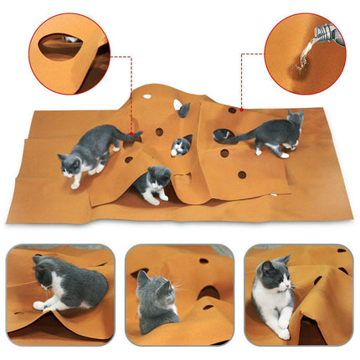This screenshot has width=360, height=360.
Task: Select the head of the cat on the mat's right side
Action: point(295,121)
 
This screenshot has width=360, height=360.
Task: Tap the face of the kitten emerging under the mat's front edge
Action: point(157,179)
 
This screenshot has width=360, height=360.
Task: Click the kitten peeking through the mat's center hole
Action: point(180,148)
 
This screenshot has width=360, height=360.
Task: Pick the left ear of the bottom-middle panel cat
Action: point(141,276)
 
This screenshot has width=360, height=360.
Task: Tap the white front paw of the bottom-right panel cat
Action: point(284,332)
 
